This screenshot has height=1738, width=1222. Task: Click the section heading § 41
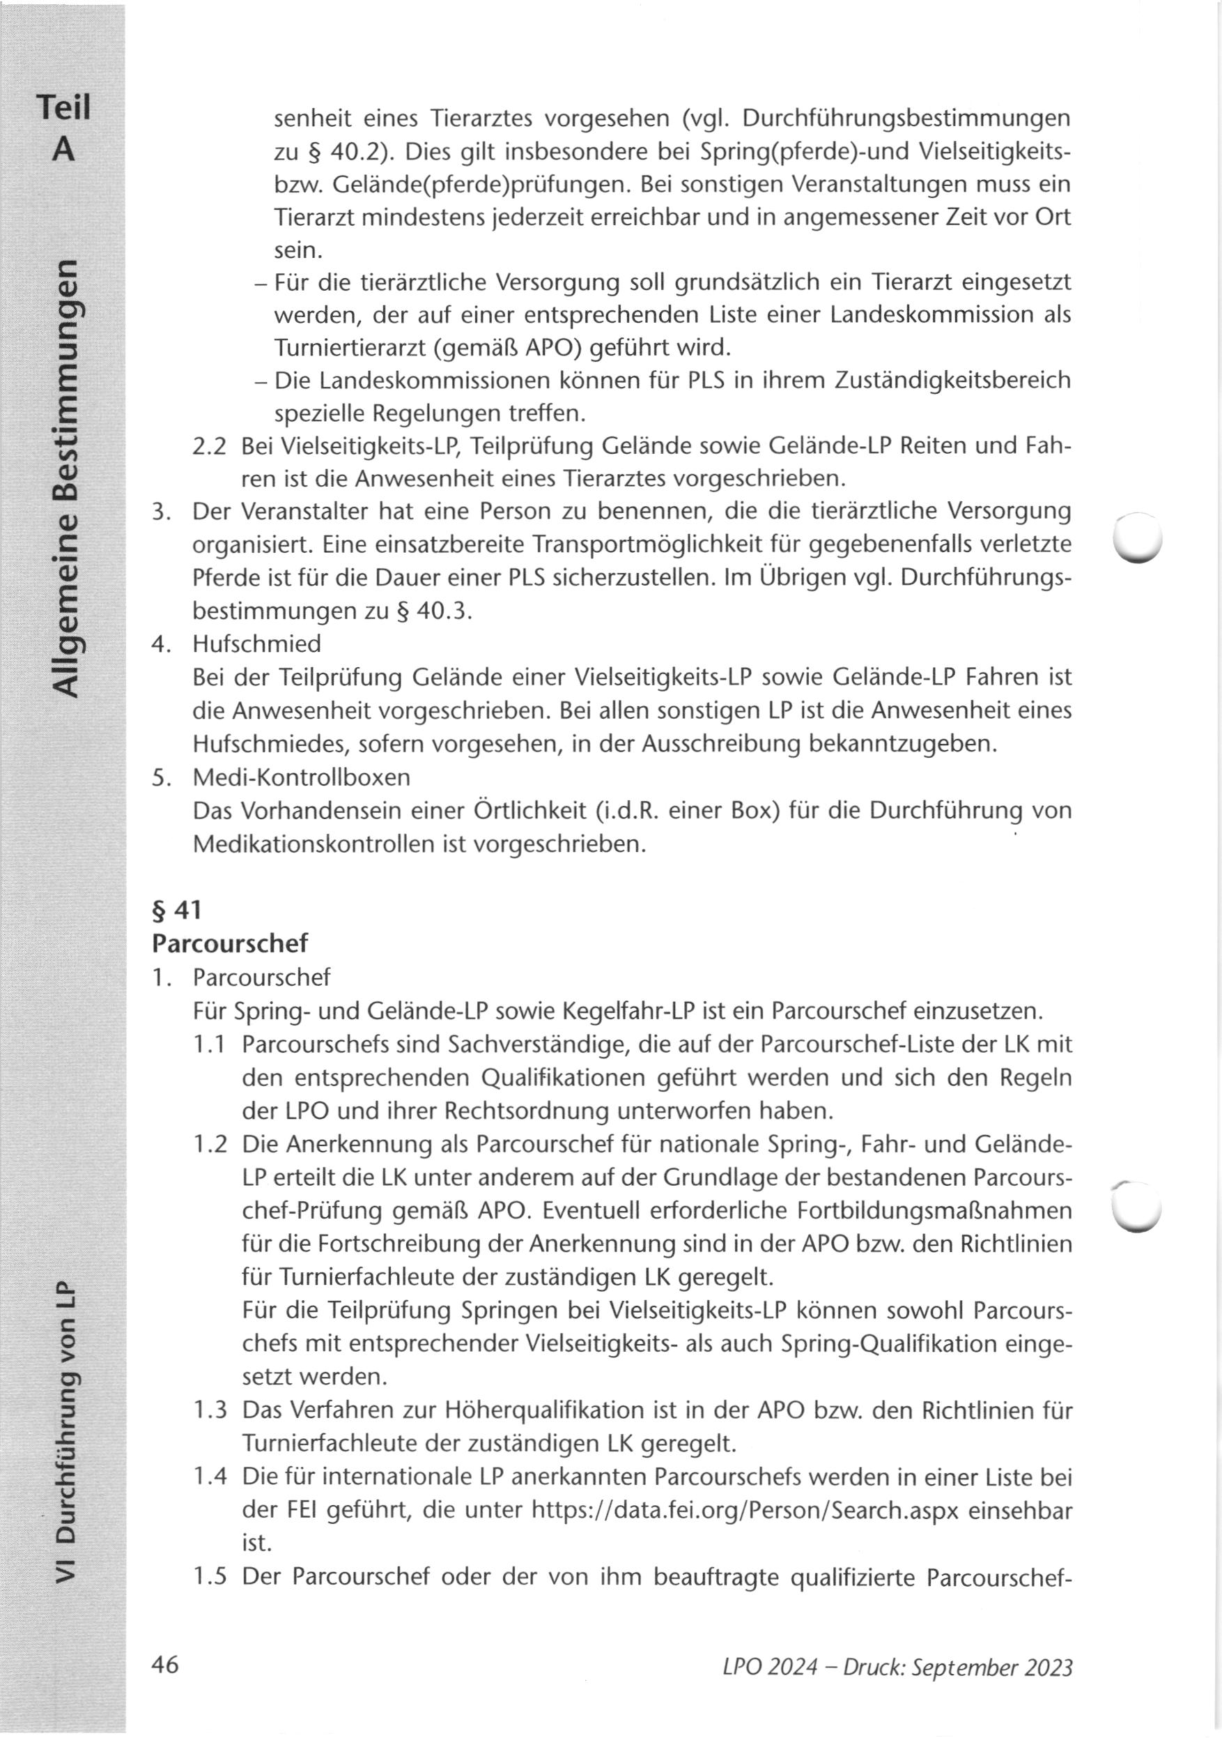(x=176, y=910)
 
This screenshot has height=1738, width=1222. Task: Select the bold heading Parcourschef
(x=230, y=943)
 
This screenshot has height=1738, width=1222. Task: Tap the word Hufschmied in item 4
(x=256, y=644)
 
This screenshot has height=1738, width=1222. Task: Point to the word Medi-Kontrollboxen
(x=301, y=777)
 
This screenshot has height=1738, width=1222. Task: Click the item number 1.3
(x=210, y=1411)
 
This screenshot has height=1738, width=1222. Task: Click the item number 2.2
(x=210, y=447)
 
